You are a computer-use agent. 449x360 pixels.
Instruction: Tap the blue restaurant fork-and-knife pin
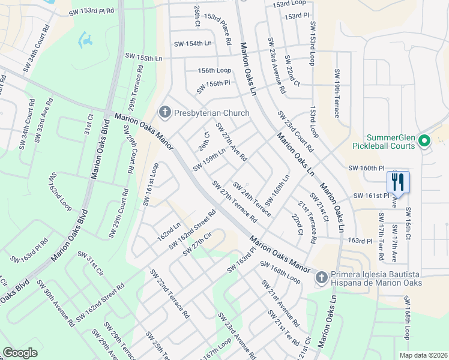tap(398, 181)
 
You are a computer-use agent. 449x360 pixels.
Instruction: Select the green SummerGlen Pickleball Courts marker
tap(424, 142)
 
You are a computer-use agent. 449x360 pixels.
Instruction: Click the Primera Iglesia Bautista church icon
tap(321, 277)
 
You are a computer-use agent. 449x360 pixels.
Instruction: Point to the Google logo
tap(20, 353)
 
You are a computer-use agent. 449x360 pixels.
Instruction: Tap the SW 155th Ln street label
tap(144, 58)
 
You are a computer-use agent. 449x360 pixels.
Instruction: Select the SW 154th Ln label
tap(193, 44)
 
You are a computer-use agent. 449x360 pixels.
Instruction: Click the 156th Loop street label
tap(214, 70)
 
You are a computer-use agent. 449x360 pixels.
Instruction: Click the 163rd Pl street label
tap(365, 241)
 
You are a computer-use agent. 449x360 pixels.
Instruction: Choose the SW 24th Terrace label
tap(252, 199)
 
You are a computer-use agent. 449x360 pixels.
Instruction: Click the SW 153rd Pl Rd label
tap(91, 11)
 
